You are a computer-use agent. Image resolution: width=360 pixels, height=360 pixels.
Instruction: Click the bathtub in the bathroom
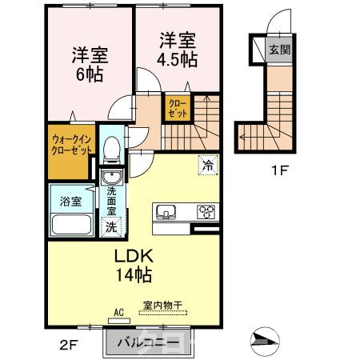coord(70,222)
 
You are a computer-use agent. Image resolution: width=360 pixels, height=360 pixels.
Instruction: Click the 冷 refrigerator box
coord(207,165)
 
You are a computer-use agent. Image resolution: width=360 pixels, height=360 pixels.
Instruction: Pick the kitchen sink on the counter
coord(167,212)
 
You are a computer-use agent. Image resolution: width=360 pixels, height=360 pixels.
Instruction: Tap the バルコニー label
coord(144,342)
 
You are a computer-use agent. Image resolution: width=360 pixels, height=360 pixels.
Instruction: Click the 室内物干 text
coord(163,306)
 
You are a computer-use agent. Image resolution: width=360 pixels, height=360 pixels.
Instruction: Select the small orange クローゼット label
coord(177,108)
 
